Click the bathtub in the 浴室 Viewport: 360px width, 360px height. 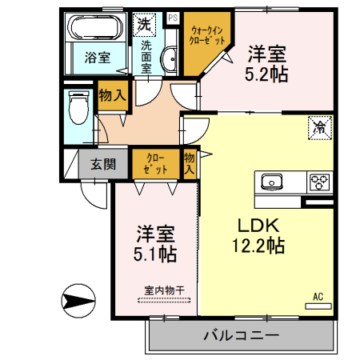tap(95, 30)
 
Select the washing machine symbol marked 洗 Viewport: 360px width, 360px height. tap(145, 24)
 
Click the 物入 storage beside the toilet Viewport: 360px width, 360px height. tap(113, 95)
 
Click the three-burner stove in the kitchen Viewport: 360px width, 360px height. tap(319, 181)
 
